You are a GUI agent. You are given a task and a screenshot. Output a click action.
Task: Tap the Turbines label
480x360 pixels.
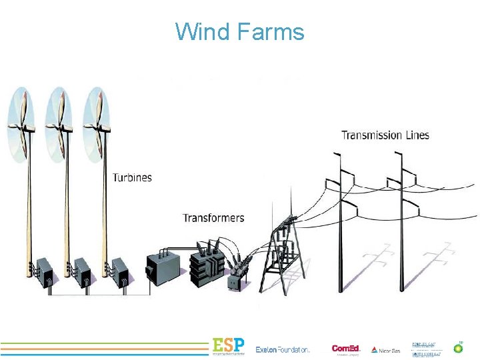point(132,177)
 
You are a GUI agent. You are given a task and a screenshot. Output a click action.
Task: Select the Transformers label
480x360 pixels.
point(213,218)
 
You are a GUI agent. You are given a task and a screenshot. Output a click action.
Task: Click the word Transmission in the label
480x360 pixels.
point(371,135)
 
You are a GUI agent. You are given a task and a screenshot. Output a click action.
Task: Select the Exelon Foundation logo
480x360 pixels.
point(283,349)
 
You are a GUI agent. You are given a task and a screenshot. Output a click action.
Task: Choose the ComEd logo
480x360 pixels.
point(346,349)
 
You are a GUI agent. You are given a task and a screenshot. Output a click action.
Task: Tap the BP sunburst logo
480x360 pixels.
point(458,347)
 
